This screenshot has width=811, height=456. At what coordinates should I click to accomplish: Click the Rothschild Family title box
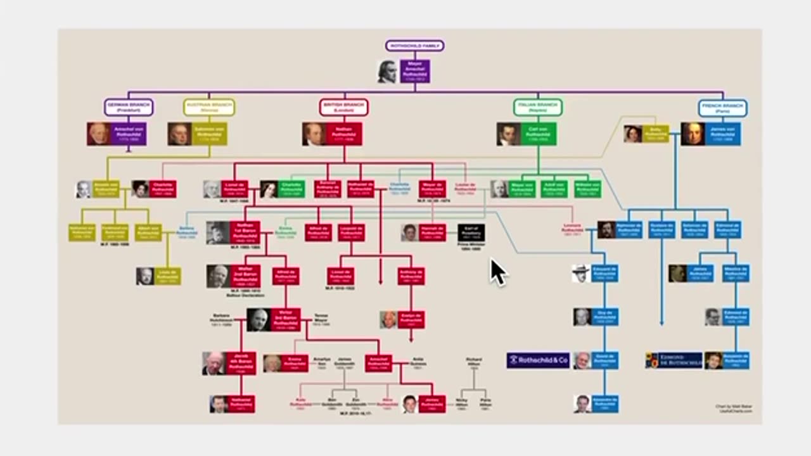pyautogui.click(x=415, y=46)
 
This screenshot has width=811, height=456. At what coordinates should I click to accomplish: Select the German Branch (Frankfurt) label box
pyautogui.click(x=129, y=107)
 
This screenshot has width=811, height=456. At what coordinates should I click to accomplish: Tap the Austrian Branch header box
pyautogui.click(x=209, y=107)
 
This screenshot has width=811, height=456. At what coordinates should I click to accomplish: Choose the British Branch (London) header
pyautogui.click(x=343, y=107)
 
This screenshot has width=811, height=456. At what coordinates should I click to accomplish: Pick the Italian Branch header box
pyautogui.click(x=538, y=107)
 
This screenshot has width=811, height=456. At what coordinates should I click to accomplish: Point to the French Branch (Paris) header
pyautogui.click(x=722, y=108)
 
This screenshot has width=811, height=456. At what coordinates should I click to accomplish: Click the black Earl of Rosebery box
pyautogui.click(x=471, y=232)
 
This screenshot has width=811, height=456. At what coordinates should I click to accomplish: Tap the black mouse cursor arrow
pyautogui.click(x=497, y=272)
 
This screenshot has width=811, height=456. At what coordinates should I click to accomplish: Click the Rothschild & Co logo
pyautogui.click(x=538, y=360)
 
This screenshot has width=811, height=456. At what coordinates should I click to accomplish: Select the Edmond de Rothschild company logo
pyautogui.click(x=674, y=360)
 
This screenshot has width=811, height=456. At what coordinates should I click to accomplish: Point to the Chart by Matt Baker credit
pyautogui.click(x=734, y=408)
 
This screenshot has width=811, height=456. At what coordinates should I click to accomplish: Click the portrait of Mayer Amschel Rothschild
pyautogui.click(x=387, y=72)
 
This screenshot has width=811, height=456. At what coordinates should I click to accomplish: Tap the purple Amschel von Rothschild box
pyautogui.click(x=129, y=134)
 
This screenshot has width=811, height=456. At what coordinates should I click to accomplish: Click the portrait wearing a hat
pyautogui.click(x=581, y=274)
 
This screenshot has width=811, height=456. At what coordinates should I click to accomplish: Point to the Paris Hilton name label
pyautogui.click(x=485, y=403)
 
